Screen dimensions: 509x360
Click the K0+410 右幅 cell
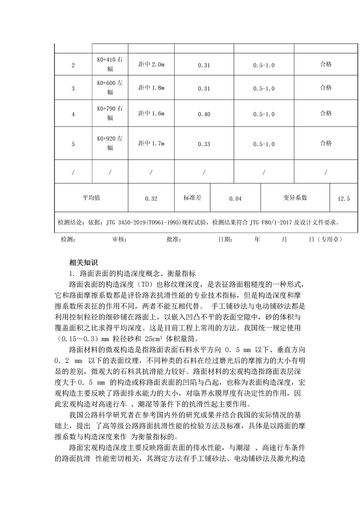pos(110,64)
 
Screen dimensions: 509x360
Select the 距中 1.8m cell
pos(151,88)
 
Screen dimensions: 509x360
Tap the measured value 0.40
pos(204,114)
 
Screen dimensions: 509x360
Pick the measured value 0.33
pos(204,144)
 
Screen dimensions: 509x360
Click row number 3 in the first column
pos(73,88)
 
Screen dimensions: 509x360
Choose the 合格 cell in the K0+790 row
pos(326,114)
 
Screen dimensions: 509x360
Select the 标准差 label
pos(193,198)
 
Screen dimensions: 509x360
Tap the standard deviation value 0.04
pos(235,198)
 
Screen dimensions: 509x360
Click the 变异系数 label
pos(295,198)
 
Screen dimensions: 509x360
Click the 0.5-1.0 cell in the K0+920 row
pos(264,144)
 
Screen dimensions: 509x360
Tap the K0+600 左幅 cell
pos(110,88)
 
